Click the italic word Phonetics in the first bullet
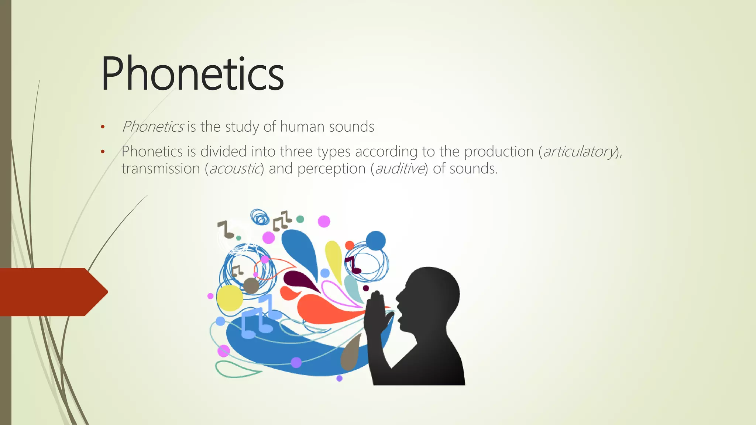click(x=152, y=127)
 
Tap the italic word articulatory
click(x=579, y=152)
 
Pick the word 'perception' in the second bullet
click(x=331, y=169)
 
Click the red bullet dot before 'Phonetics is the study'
click(x=103, y=128)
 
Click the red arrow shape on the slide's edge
click(x=52, y=292)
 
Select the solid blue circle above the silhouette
click(x=376, y=241)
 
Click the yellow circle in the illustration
click(x=229, y=298)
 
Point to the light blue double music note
click(x=258, y=317)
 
